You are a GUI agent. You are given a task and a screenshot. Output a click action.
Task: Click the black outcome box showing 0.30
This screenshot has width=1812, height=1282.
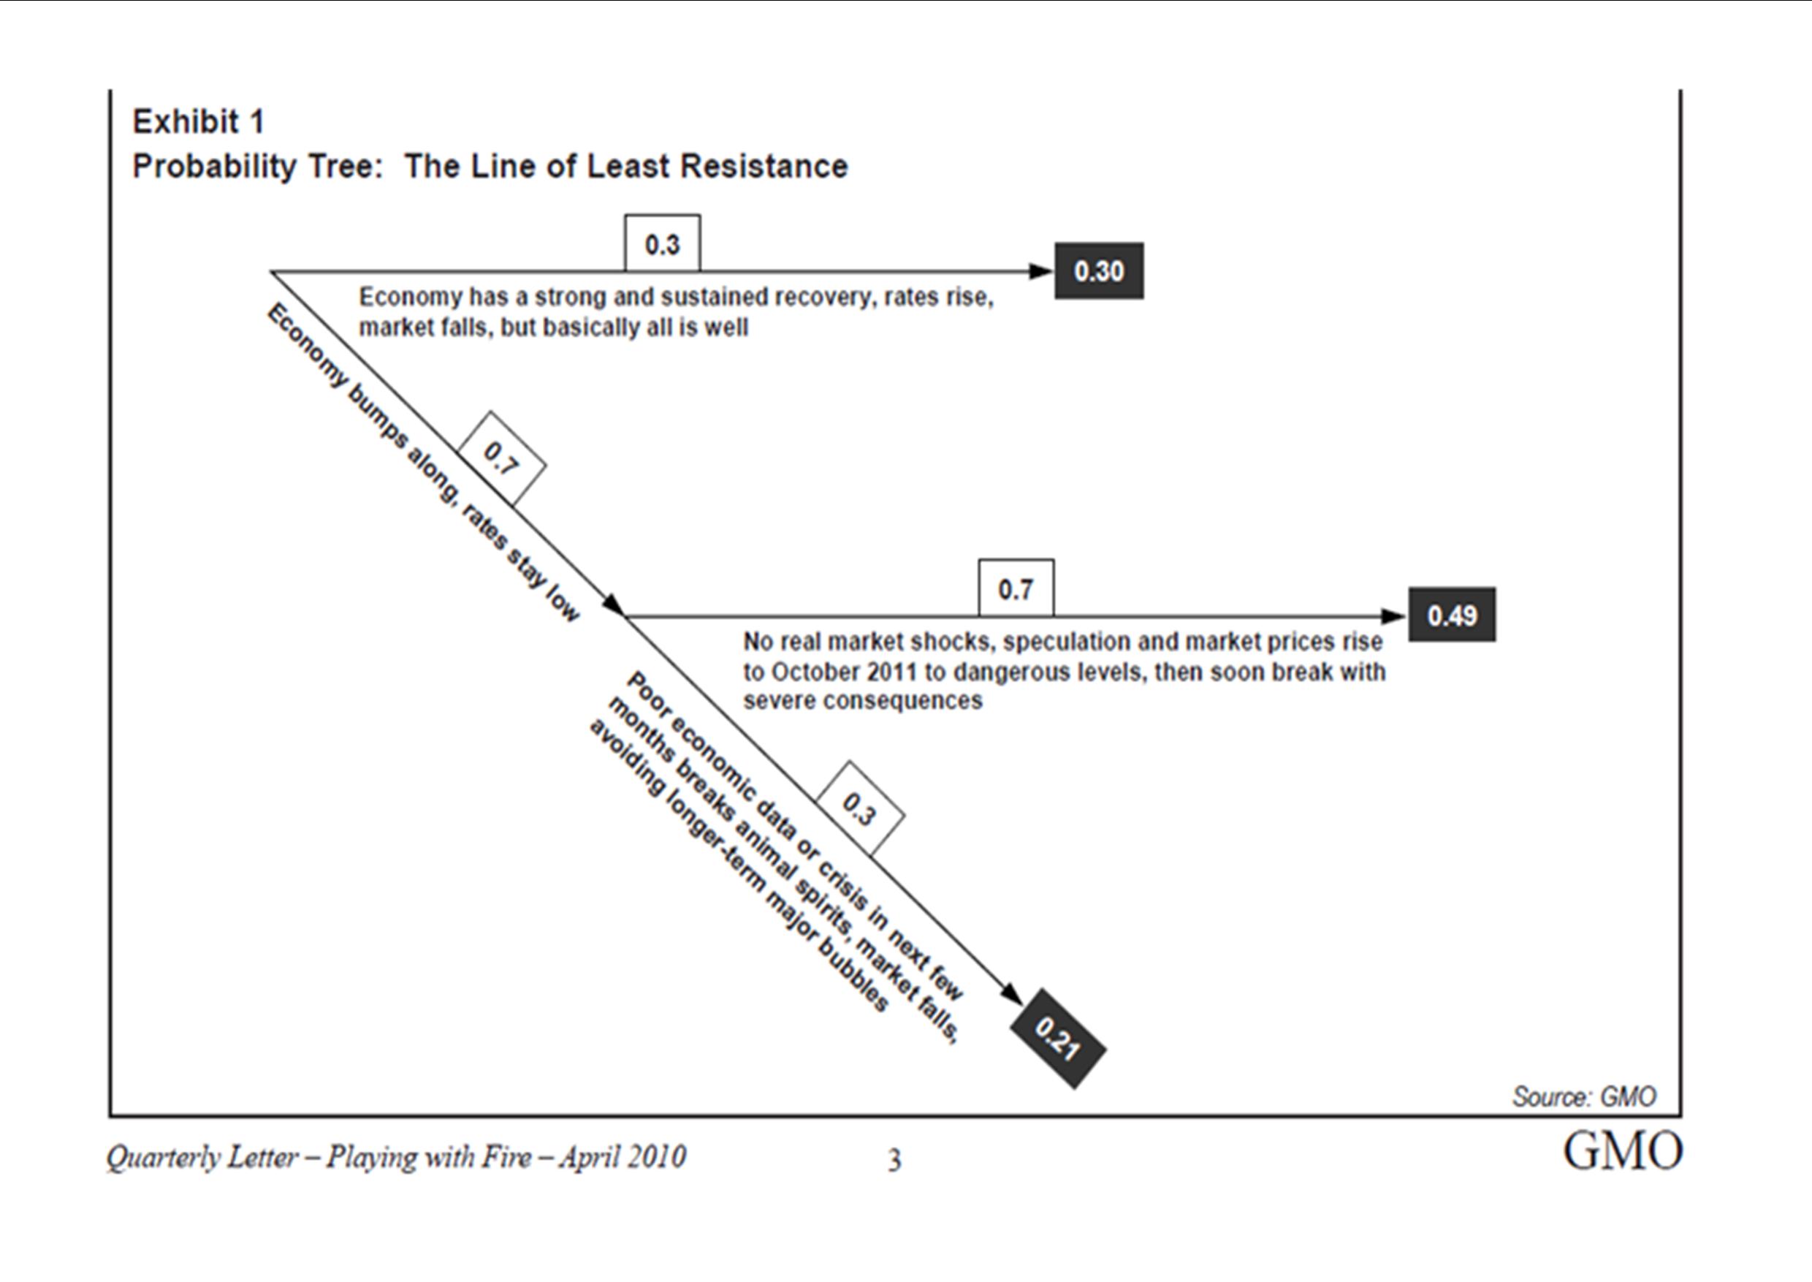point(1099,270)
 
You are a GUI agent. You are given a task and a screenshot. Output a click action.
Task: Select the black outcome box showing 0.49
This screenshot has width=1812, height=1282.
point(1452,615)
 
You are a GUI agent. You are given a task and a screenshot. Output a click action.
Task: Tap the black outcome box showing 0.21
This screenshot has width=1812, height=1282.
point(1058,1038)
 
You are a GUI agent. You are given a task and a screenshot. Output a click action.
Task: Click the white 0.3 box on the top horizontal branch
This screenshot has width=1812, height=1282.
point(662,243)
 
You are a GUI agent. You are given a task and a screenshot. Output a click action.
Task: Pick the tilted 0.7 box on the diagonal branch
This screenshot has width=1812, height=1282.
point(501,458)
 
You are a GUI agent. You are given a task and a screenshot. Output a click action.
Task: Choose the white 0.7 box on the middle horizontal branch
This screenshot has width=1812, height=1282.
point(1016,588)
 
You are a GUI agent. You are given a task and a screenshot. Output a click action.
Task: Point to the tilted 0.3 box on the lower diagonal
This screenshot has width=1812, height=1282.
point(859,808)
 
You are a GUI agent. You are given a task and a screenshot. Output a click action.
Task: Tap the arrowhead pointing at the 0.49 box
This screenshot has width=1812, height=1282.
point(1395,615)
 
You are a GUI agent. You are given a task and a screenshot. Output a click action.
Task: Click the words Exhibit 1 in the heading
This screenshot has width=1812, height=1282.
point(198,121)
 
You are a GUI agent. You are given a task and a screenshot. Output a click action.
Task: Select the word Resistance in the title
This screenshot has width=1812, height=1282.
point(764,167)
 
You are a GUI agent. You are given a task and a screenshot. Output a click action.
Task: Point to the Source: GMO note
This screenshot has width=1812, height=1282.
point(1584,1096)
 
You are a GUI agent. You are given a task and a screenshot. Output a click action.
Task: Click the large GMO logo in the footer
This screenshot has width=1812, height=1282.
point(1623,1152)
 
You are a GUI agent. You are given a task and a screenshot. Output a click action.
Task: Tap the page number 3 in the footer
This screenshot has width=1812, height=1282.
point(894,1161)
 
